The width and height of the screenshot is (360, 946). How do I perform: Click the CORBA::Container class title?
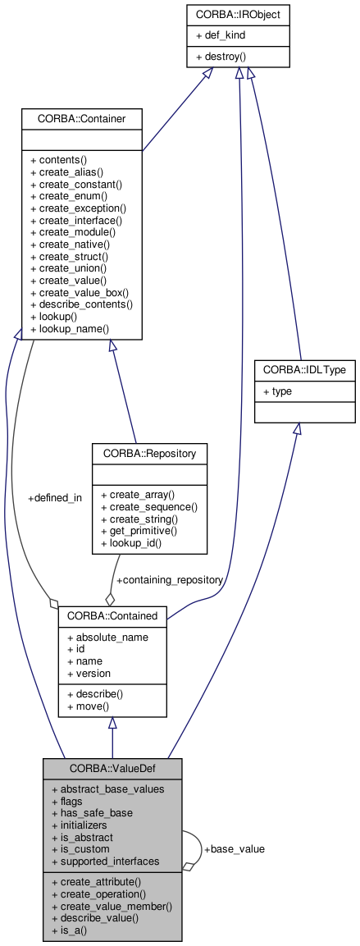tap(82, 118)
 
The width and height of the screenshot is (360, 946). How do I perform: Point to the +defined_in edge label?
tap(55, 498)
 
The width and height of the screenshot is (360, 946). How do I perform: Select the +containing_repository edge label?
tap(170, 579)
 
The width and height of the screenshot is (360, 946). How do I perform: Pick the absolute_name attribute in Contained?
tap(107, 637)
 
